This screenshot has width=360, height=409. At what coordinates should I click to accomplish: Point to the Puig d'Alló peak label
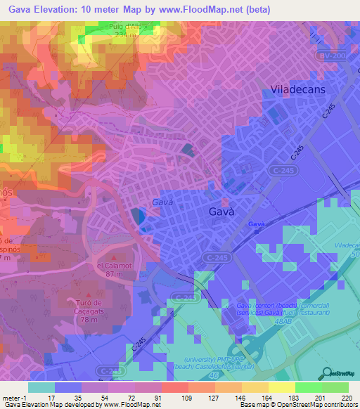click(127, 27)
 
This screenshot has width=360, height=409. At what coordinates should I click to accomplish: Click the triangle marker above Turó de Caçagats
click(88, 294)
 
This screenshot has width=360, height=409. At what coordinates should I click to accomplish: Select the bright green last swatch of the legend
click(335, 387)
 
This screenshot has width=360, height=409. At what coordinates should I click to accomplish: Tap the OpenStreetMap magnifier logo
click(326, 373)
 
